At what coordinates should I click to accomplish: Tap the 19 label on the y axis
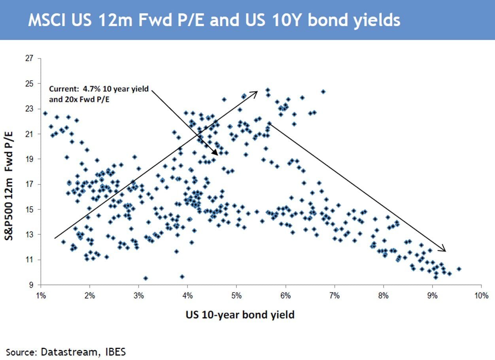click(x=29, y=159)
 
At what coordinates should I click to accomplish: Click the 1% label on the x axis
click(x=41, y=296)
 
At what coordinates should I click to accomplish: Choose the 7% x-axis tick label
click(x=334, y=296)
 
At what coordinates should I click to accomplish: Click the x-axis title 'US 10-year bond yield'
click(x=240, y=315)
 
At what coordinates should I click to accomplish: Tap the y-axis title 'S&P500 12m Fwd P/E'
click(x=9, y=186)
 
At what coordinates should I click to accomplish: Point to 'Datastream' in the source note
click(x=69, y=352)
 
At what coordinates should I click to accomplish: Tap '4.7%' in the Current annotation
click(x=91, y=89)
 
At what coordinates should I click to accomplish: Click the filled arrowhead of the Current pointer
click(x=215, y=153)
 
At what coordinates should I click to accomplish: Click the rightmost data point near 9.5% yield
click(x=459, y=269)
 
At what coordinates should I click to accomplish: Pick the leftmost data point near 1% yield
click(x=45, y=113)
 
